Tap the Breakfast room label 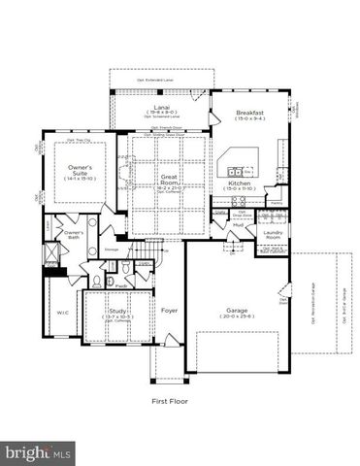pyautogui.click(x=249, y=113)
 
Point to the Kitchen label pyautogui.click(x=239, y=183)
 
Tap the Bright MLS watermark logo pyautogui.click(x=39, y=451)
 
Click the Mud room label pyautogui.click(x=238, y=224)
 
